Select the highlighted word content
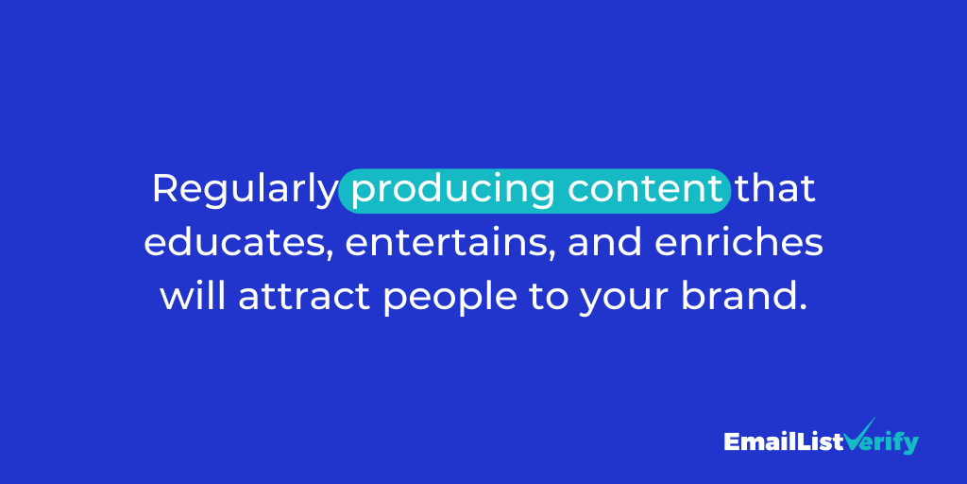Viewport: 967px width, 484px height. [x=645, y=188]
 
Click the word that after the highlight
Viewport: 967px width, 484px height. [x=775, y=188]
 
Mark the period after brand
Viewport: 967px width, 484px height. [x=805, y=308]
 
